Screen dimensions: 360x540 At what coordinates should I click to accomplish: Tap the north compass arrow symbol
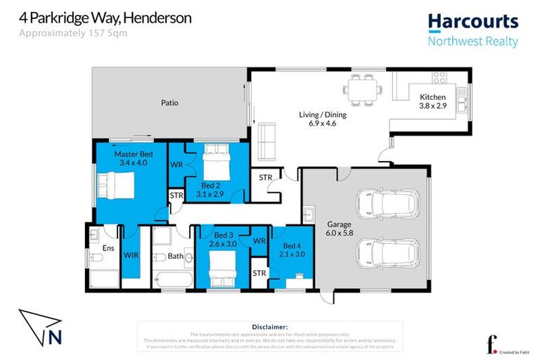[x=43, y=330]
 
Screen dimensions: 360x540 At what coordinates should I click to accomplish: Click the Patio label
[x=169, y=103]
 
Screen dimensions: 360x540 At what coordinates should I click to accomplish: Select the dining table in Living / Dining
[x=362, y=89]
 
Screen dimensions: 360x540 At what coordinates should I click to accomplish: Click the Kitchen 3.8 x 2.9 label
[x=432, y=102]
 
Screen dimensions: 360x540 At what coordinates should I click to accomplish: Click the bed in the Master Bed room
[x=115, y=186]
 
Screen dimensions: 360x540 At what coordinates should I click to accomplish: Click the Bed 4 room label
[x=290, y=246]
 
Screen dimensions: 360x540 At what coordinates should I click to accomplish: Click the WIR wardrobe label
[x=131, y=256]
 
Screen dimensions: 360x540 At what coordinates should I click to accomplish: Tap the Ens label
[x=108, y=248]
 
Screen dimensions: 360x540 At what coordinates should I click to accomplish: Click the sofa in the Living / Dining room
[x=267, y=141]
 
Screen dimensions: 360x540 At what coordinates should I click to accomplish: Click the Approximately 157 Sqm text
[x=63, y=33]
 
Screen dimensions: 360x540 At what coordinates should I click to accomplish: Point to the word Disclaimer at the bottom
[x=269, y=327]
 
